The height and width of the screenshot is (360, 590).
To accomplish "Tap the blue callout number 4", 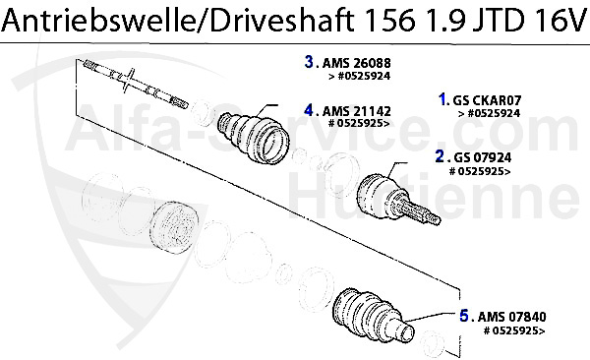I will pos(309,109).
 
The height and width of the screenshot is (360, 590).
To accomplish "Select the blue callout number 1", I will pos(443,99).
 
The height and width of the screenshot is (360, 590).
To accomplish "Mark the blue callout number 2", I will pos(440,155).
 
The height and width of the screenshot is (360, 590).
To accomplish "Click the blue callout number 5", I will pos(463,316).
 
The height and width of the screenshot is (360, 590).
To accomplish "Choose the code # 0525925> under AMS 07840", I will pos(514,330).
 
